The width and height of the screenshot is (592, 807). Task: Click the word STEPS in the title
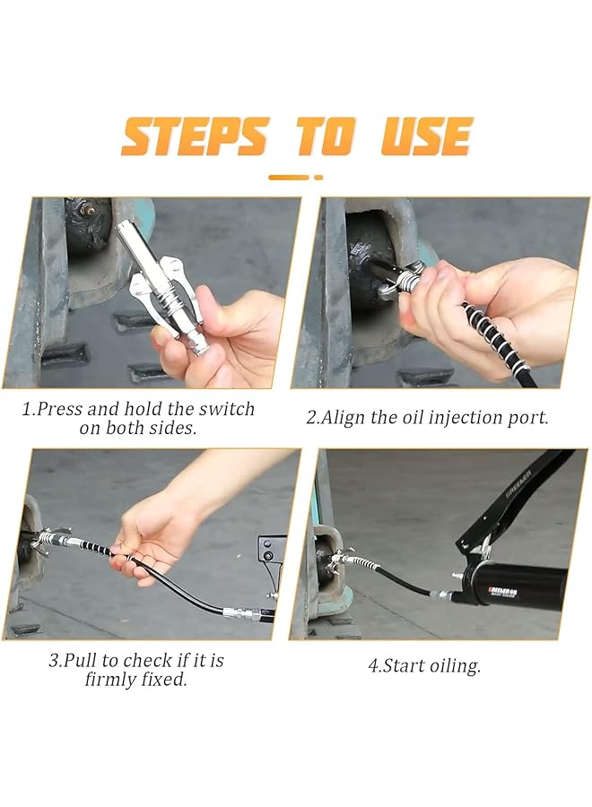[x=196, y=136]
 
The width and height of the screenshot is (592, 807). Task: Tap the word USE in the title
[x=427, y=136]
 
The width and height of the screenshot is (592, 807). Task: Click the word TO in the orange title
[x=325, y=136]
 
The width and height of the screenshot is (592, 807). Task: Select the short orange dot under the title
[x=318, y=178]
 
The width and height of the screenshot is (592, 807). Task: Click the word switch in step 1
[x=227, y=409]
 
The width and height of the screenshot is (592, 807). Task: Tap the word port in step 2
[x=531, y=418]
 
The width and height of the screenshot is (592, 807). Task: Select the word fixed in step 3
[x=165, y=680]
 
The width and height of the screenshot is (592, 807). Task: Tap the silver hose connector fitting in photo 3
[x=241, y=613]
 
